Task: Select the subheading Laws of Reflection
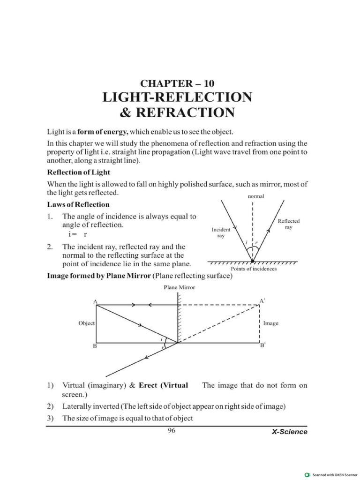pyautogui.click(x=78, y=204)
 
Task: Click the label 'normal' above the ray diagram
pyautogui.click(x=255, y=197)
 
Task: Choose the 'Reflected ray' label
pyautogui.click(x=289, y=224)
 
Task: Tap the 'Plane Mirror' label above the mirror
pyautogui.click(x=179, y=287)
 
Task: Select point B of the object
pyautogui.click(x=95, y=347)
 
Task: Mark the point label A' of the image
pyautogui.click(x=262, y=301)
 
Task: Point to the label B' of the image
pyautogui.click(x=262, y=347)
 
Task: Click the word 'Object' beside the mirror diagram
pyautogui.click(x=87, y=323)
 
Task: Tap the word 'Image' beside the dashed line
pyautogui.click(x=271, y=323)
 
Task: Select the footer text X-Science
pyautogui.click(x=290, y=432)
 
